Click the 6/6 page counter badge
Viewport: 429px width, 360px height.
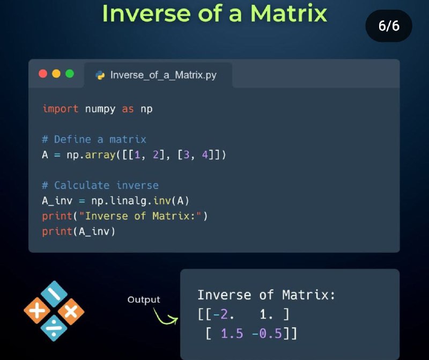(x=389, y=26)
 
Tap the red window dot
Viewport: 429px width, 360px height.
(x=43, y=74)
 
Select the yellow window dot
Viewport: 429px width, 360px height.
(x=56, y=74)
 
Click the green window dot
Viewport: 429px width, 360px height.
(x=70, y=74)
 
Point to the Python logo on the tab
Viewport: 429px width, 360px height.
(x=100, y=75)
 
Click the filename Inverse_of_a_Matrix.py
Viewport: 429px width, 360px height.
(x=164, y=75)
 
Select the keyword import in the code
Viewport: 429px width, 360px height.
(x=61, y=109)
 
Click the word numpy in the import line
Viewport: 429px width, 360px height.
(x=100, y=109)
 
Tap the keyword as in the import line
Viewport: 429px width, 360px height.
(x=128, y=109)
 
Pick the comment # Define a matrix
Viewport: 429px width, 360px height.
(x=94, y=139)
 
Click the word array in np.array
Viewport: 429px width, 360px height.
(x=100, y=155)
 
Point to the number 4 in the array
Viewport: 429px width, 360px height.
(x=205, y=155)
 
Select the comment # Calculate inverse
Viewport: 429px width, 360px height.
(x=100, y=185)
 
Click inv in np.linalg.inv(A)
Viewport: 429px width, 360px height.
(x=162, y=201)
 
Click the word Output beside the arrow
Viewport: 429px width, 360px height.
(x=144, y=300)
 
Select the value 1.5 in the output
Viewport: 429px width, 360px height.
(x=232, y=334)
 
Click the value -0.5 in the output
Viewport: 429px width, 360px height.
(x=267, y=334)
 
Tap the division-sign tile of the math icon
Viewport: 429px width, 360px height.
(x=54, y=328)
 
